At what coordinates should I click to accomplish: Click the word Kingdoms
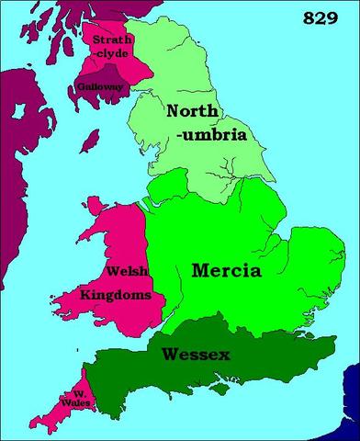pyautogui.click(x=114, y=294)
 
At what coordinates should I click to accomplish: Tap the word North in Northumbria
pyautogui.click(x=194, y=113)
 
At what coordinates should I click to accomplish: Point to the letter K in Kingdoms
pyautogui.click(x=85, y=294)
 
